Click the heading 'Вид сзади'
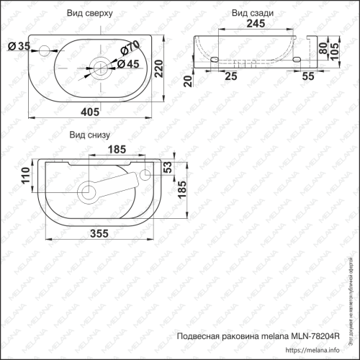click(x=251, y=13)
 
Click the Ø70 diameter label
click(x=130, y=49)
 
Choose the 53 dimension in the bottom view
click(x=167, y=168)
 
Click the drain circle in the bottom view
click(x=89, y=192)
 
